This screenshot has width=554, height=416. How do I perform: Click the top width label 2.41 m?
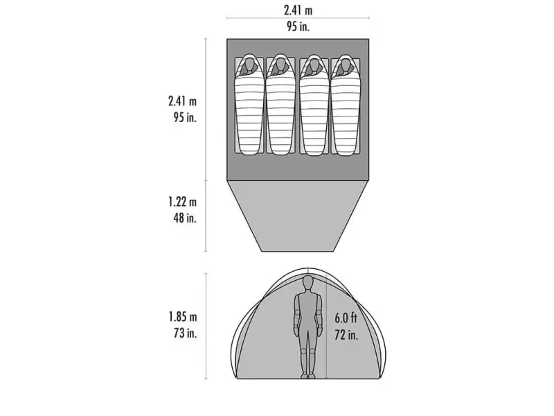tap(298, 10)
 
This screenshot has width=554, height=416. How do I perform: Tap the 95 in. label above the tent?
tap(298, 26)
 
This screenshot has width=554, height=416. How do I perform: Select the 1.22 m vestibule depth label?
tap(182, 202)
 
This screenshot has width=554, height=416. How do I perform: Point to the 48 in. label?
tap(185, 218)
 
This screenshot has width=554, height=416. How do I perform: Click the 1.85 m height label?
tap(183, 317)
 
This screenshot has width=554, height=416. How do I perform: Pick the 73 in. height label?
tap(185, 333)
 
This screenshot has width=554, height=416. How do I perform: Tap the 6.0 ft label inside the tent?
tap(346, 318)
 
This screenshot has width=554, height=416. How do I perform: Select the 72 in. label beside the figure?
tap(346, 334)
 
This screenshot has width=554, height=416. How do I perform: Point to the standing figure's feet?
tap(307, 375)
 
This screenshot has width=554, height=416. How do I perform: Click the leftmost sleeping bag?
tap(249, 105)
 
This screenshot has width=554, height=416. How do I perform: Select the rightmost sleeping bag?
tap(345, 105)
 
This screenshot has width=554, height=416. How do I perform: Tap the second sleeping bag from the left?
tap(280, 105)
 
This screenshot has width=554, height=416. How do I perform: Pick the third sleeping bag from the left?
tap(314, 105)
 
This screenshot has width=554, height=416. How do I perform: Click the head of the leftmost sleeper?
tap(249, 64)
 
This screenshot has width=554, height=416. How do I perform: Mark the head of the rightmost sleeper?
tap(345, 64)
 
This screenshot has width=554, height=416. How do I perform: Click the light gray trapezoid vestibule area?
tap(298, 216)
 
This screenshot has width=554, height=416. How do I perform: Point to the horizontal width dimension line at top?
tap(298, 18)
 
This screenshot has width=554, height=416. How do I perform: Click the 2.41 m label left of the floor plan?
tap(182, 101)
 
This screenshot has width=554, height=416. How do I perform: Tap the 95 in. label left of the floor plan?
tap(185, 117)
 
